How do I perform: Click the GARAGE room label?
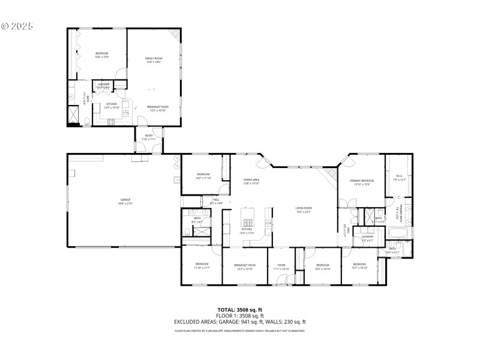125,200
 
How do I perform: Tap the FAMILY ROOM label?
154,58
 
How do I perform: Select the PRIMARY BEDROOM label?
362,181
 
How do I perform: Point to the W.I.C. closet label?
399,176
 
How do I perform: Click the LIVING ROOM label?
304,208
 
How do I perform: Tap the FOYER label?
281,265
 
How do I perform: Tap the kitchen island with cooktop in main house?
248,216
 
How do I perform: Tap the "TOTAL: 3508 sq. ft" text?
240,310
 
